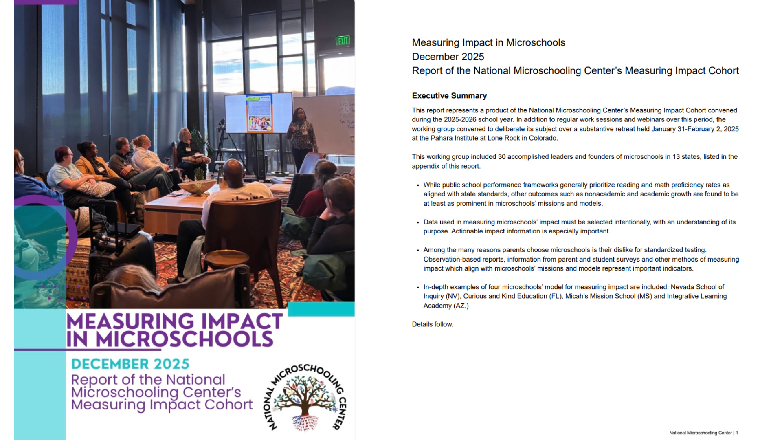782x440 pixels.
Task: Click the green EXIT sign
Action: point(343,41)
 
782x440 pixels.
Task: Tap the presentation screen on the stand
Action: point(259,113)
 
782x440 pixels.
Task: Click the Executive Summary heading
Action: point(449,96)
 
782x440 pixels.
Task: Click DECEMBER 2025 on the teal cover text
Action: point(130,364)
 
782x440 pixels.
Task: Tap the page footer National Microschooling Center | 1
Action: point(703,433)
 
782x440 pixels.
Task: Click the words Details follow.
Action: point(432,324)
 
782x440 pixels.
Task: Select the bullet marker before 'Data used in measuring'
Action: point(418,222)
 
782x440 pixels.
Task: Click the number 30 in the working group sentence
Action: point(501,157)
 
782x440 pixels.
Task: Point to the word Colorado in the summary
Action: point(544,138)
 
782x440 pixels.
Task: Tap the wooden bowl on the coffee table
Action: point(197,187)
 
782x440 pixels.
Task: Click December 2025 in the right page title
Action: point(448,57)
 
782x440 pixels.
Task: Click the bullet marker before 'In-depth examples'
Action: point(418,287)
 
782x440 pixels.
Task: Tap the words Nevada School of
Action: point(697,287)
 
